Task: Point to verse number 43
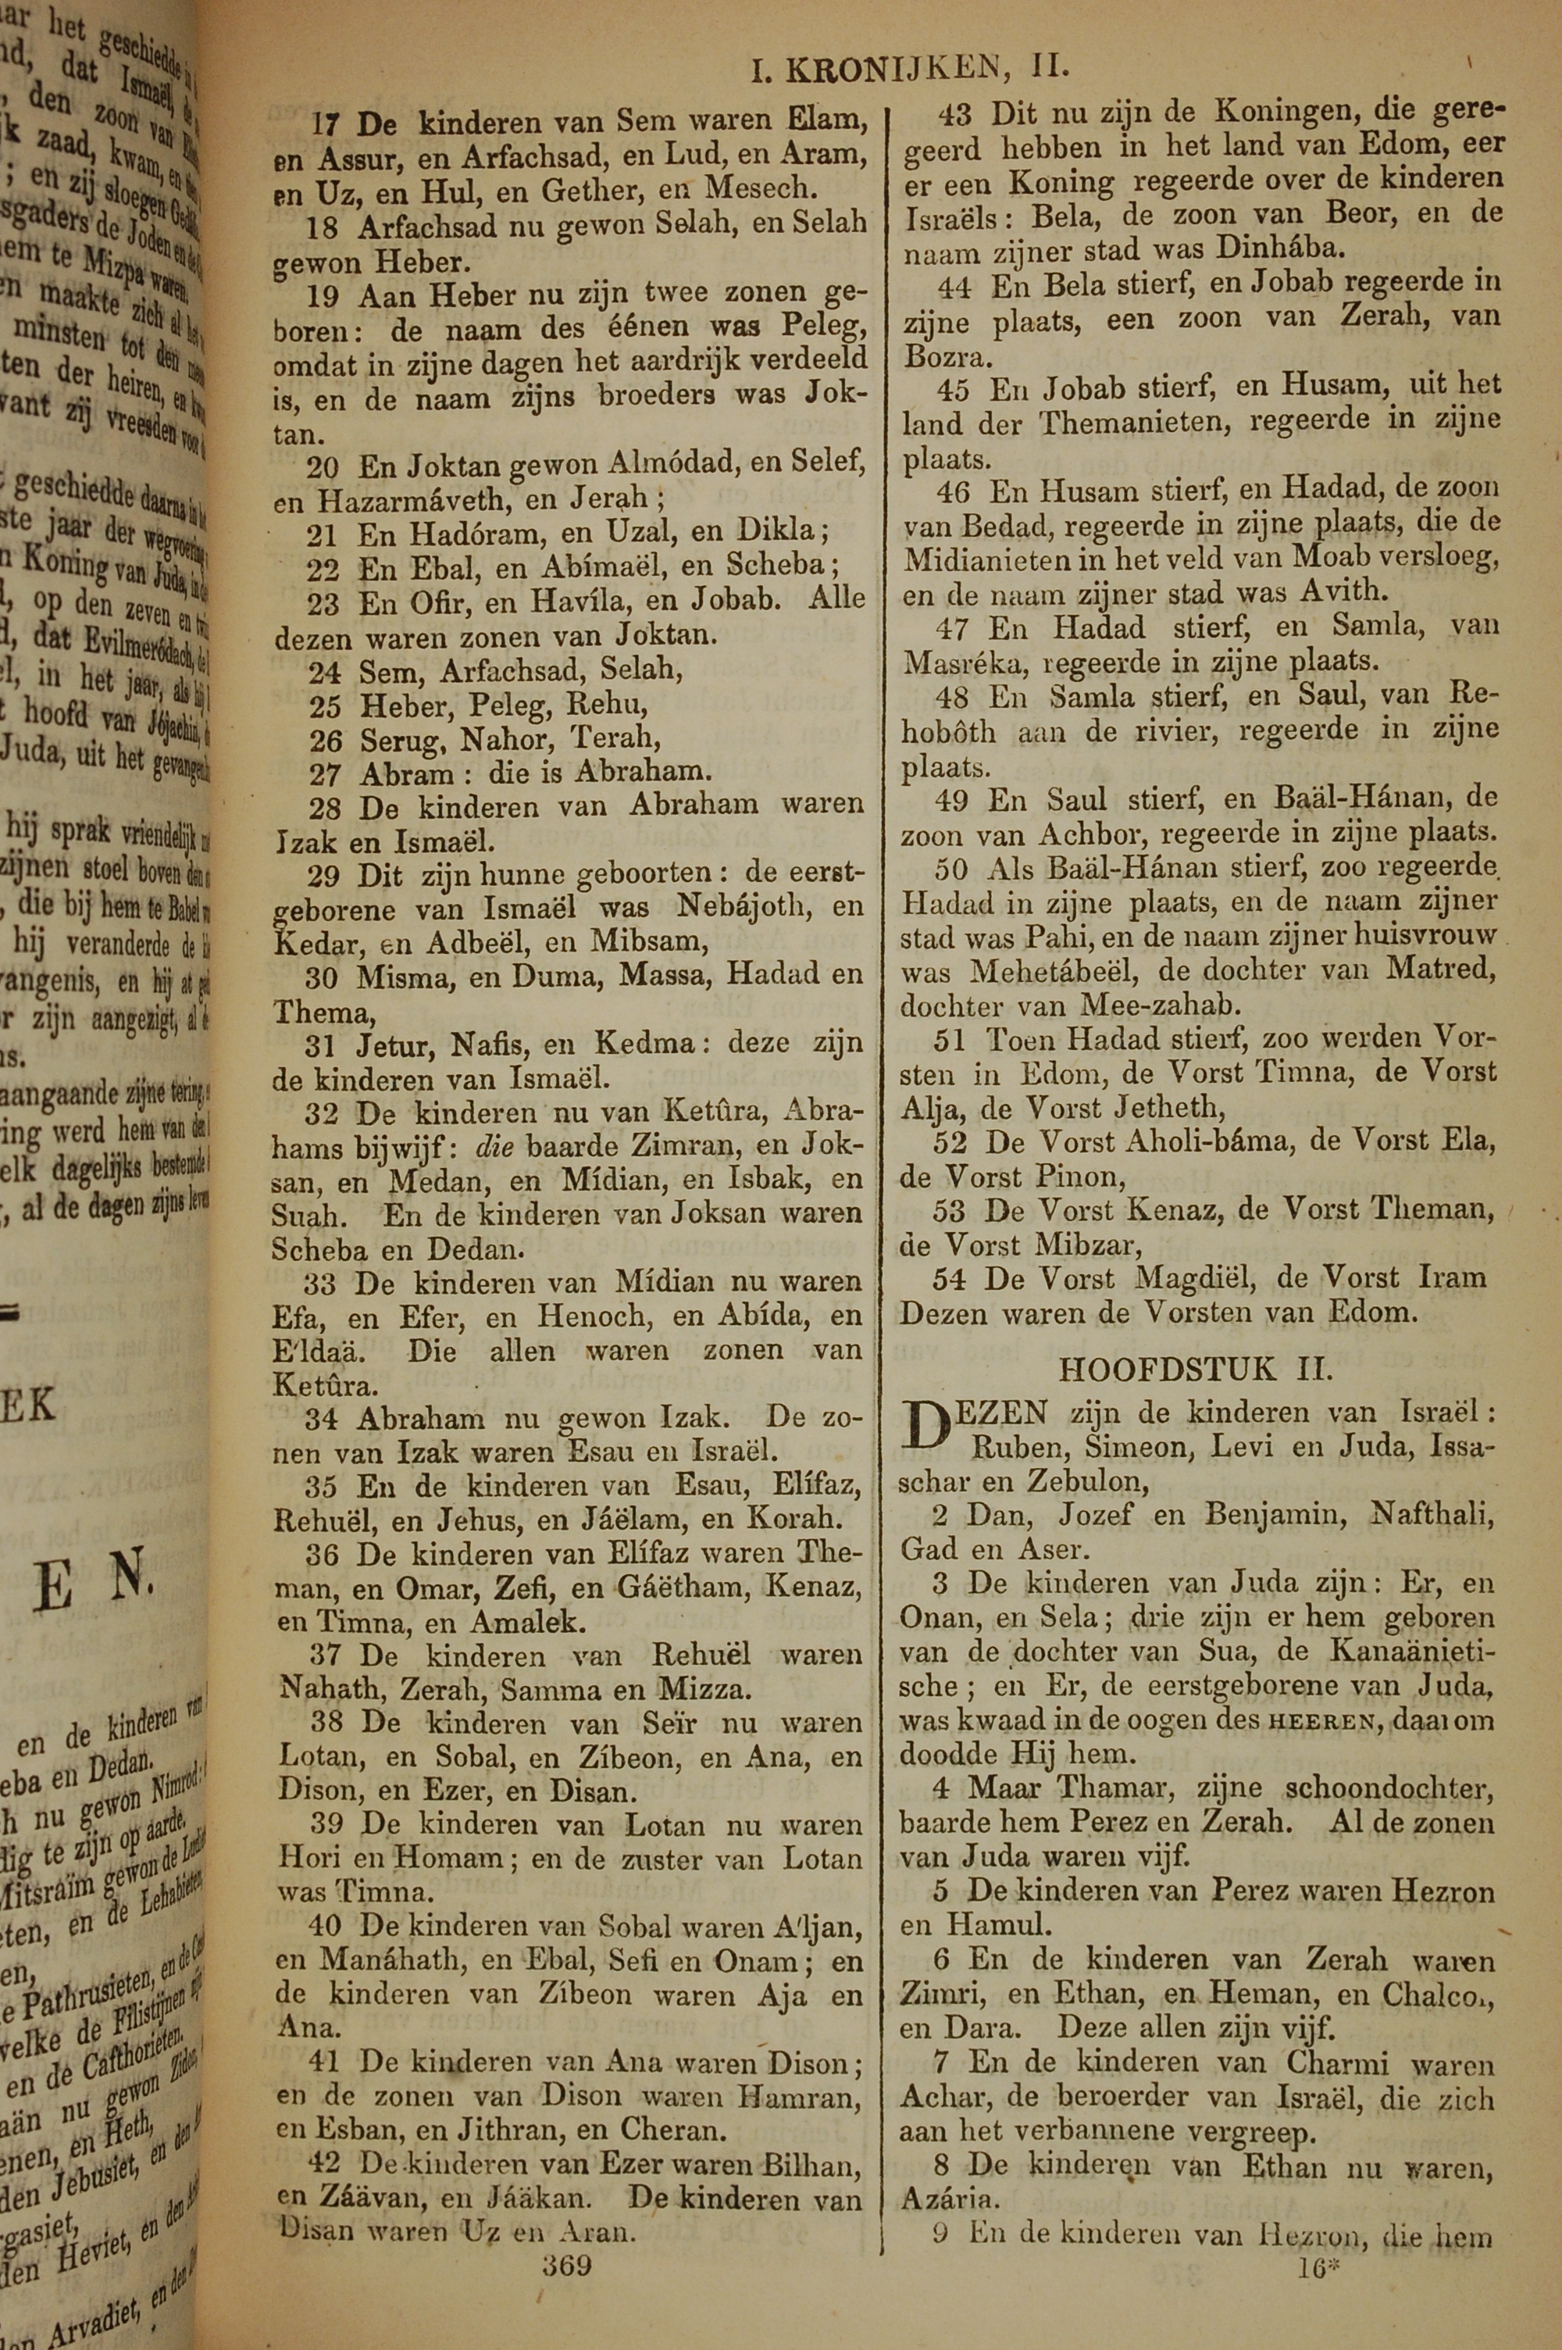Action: coord(954,115)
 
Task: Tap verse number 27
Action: coord(325,773)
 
